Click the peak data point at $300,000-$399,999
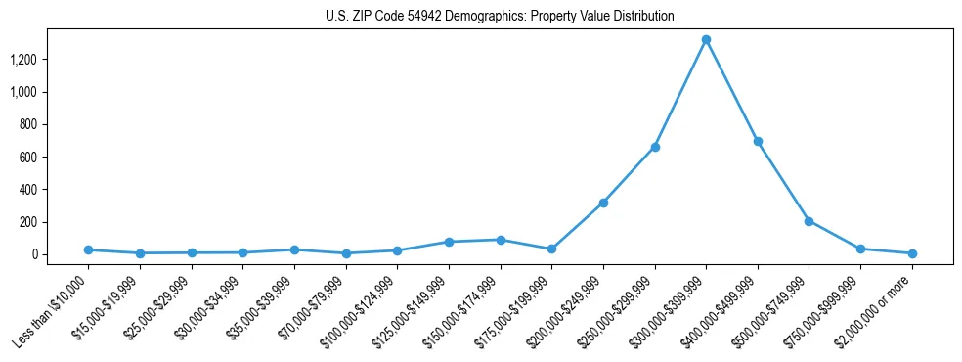(x=706, y=40)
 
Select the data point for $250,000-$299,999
(x=655, y=147)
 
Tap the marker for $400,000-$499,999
(x=758, y=142)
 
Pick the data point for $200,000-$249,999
(x=603, y=203)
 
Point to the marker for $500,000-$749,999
(x=809, y=221)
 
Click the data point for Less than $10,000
(x=88, y=249)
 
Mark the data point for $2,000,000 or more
(x=912, y=253)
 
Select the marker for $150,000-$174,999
(x=501, y=240)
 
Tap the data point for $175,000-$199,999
(x=551, y=249)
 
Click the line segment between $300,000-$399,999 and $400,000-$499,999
(x=732, y=91)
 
